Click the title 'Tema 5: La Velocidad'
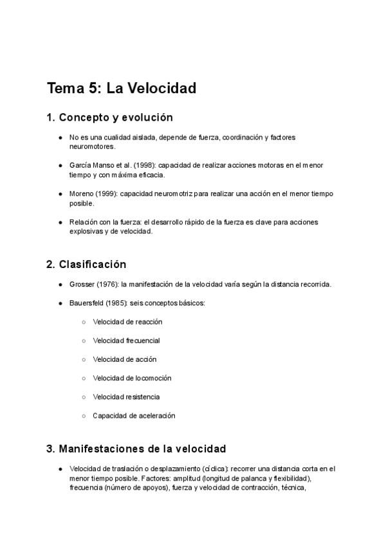pyautogui.click(x=122, y=88)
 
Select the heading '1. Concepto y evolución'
pyautogui.click(x=110, y=118)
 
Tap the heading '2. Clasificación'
pyautogui.click(x=86, y=264)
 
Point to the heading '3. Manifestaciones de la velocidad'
pyautogui.click(x=136, y=449)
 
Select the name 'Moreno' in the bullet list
pyautogui.click(x=81, y=193)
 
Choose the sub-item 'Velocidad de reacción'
pyautogui.click(x=127, y=321)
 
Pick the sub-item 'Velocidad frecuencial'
pyautogui.click(x=126, y=340)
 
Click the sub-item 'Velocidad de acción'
pyautogui.click(x=124, y=359)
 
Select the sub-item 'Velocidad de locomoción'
pyautogui.click(x=132, y=378)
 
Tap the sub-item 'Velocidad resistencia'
pyautogui.click(x=126, y=397)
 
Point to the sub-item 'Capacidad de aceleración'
pyautogui.click(x=134, y=416)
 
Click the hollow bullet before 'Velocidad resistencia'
pyautogui.click(x=84, y=397)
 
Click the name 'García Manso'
pyautogui.click(x=92, y=165)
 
